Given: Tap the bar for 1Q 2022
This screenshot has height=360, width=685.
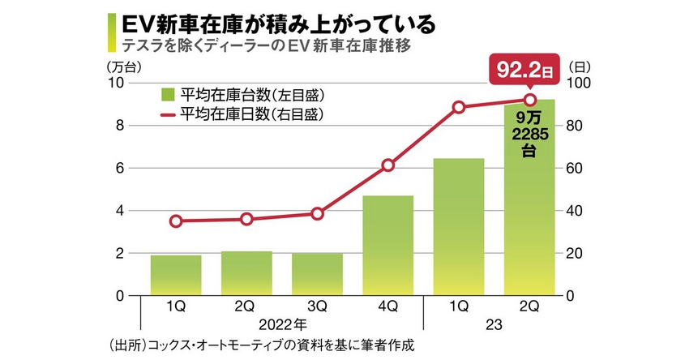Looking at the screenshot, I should pos(176,276).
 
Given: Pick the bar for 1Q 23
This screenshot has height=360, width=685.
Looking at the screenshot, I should pos(458,227).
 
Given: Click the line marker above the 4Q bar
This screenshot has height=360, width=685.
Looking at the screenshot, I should pos(387,165).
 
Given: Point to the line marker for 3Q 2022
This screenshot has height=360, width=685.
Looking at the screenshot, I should pos(317,213).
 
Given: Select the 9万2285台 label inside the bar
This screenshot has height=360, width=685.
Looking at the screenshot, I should pos(529,134).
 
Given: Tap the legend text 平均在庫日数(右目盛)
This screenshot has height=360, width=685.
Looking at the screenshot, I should pos(252,114).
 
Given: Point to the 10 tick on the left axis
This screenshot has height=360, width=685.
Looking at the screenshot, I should pos(116,83).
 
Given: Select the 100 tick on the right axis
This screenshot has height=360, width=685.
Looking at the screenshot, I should pos(578,83).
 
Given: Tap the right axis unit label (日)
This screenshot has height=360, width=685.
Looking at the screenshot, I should pos(580,66).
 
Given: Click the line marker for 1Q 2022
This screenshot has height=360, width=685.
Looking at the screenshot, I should pos(176,221).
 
